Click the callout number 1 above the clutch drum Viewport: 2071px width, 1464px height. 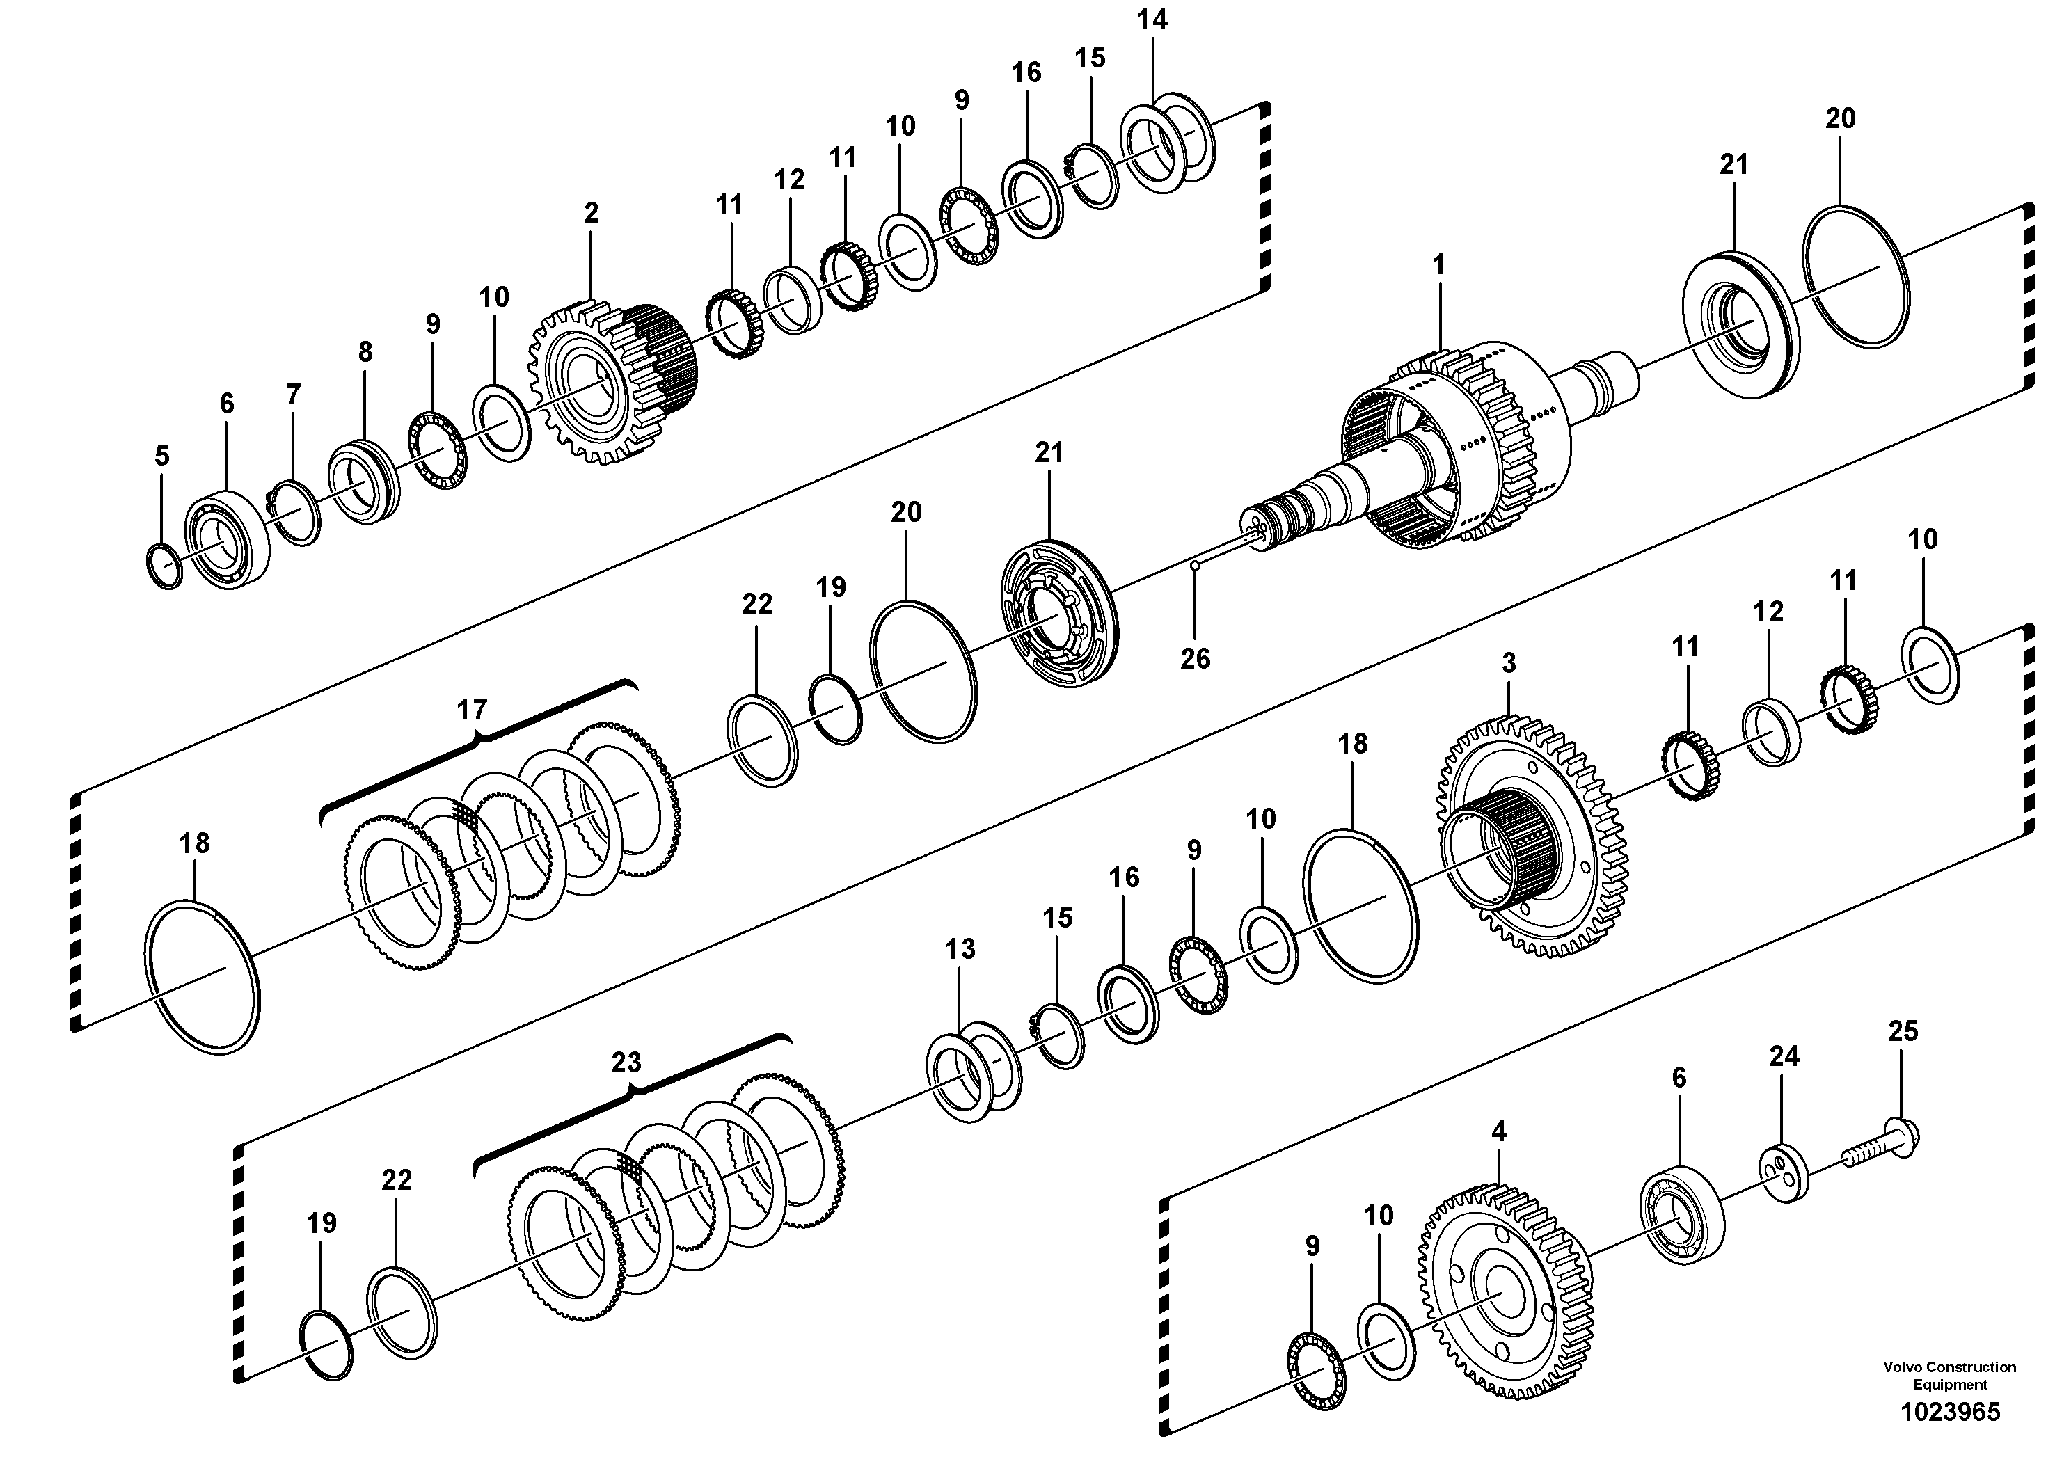[1438, 265]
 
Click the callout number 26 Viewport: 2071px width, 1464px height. [1195, 658]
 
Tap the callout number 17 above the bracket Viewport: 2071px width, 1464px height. [472, 710]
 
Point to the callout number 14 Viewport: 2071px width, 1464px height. [1152, 20]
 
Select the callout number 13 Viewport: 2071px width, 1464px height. [960, 949]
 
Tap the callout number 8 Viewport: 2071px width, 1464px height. [365, 352]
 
